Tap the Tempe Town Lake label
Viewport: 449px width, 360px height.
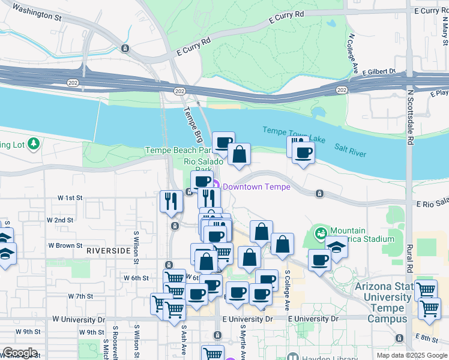coord(294,136)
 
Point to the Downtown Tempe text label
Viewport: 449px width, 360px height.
coord(256,187)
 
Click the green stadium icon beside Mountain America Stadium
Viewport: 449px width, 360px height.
coord(321,232)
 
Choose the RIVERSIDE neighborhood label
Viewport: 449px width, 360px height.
coord(108,250)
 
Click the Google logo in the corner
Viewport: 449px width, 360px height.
coord(20,353)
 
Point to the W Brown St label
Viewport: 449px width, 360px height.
coord(65,245)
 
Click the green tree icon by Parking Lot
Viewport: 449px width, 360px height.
coord(34,143)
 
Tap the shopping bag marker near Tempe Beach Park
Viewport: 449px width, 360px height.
coord(239,154)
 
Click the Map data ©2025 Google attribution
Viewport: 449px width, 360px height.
coord(411,355)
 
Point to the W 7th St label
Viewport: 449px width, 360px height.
coord(80,296)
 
